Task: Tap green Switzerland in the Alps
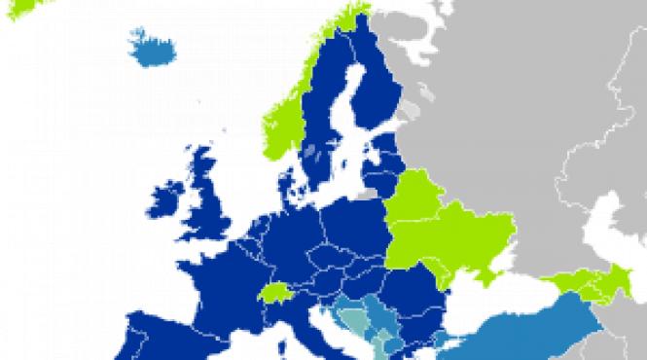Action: tap(277, 291)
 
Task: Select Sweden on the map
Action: tap(326, 126)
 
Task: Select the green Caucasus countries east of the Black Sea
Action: tap(584, 283)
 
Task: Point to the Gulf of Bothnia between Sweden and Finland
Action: tap(345, 107)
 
